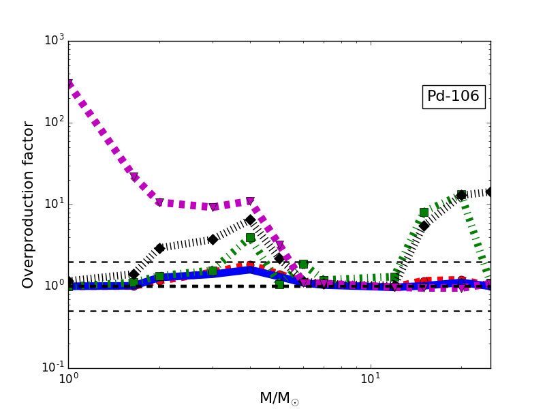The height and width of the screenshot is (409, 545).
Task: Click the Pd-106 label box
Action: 454,97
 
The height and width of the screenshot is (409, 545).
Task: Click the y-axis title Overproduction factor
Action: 29,204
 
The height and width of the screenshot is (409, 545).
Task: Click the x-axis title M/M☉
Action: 279,398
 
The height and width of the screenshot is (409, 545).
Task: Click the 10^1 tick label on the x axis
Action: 371,379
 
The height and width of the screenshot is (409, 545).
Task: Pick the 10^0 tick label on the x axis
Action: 68,379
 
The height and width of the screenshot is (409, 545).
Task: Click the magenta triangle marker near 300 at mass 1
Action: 69,84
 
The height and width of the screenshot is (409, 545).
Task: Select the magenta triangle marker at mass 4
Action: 250,201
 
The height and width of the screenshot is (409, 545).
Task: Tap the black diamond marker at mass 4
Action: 250,219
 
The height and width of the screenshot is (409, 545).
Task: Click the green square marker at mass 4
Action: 250,237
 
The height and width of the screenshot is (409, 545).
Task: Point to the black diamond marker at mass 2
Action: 159,248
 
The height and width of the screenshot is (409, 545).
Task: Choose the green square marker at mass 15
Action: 424,212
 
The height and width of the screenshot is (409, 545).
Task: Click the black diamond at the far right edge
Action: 490,192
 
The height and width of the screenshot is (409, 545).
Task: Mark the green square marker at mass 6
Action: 303,264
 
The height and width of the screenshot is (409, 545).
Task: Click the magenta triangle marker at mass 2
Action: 159,202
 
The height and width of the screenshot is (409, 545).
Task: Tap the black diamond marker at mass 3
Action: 213,239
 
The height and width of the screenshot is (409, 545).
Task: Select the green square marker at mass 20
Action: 461,195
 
